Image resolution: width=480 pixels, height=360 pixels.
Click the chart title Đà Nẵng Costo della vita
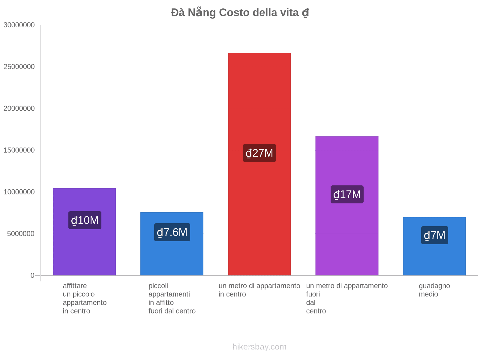240,13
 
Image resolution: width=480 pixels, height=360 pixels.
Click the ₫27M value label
259,153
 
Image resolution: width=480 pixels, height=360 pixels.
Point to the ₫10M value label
85,220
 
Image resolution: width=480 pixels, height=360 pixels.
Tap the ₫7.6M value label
172,232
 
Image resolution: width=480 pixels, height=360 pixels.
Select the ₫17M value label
347,194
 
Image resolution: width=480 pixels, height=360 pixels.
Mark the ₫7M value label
434,235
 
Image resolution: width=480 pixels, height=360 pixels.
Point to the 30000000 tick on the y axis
19,25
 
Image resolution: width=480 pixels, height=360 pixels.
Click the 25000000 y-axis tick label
19,67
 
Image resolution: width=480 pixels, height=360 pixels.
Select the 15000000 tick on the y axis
19,150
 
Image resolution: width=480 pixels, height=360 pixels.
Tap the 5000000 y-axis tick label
21,234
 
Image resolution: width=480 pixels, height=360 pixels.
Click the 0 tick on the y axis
32,275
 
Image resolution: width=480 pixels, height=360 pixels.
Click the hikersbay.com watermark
259,347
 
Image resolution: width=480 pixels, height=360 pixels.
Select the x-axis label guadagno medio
434,290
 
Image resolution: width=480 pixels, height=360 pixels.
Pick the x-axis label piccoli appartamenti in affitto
172,298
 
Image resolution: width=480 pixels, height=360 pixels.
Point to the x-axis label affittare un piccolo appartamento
85,298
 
